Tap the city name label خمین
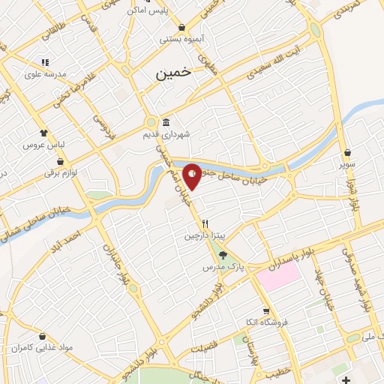point(173,74)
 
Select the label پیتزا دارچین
point(205,235)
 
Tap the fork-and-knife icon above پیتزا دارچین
point(205,223)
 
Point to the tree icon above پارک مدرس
point(221,255)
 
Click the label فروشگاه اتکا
point(266,322)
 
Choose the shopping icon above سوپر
point(347,152)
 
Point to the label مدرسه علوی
point(45,74)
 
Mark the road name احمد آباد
point(67,240)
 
